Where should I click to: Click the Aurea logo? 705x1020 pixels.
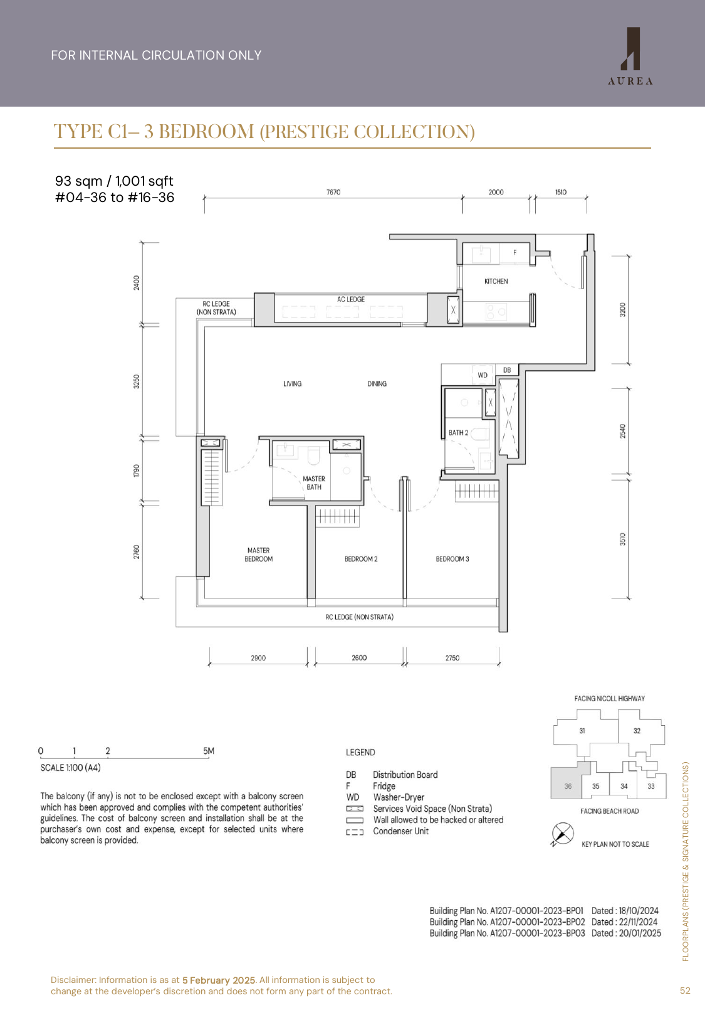click(630, 56)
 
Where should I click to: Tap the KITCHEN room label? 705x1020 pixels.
click(496, 282)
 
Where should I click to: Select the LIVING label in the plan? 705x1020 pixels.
click(292, 384)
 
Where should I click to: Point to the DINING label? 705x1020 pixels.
click(377, 384)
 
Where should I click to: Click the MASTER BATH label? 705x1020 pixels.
click(314, 483)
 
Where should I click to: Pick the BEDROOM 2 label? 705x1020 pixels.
click(361, 559)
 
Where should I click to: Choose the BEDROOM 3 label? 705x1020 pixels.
click(452, 559)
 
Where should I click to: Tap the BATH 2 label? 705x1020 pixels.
click(458, 433)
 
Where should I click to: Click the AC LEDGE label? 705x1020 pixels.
click(350, 299)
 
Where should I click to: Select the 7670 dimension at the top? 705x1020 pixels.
click(333, 193)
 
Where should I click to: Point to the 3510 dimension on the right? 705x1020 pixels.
click(622, 539)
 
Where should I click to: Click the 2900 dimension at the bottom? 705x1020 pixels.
click(258, 658)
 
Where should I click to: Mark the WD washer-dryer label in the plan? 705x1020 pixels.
click(483, 375)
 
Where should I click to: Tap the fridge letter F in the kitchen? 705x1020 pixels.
click(515, 253)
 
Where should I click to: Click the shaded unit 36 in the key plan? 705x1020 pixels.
click(568, 786)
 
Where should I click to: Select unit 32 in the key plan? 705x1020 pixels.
click(637, 731)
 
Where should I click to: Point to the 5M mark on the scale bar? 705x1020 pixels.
click(209, 751)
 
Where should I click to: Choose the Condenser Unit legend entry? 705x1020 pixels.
click(401, 831)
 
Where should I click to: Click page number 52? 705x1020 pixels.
click(685, 991)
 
